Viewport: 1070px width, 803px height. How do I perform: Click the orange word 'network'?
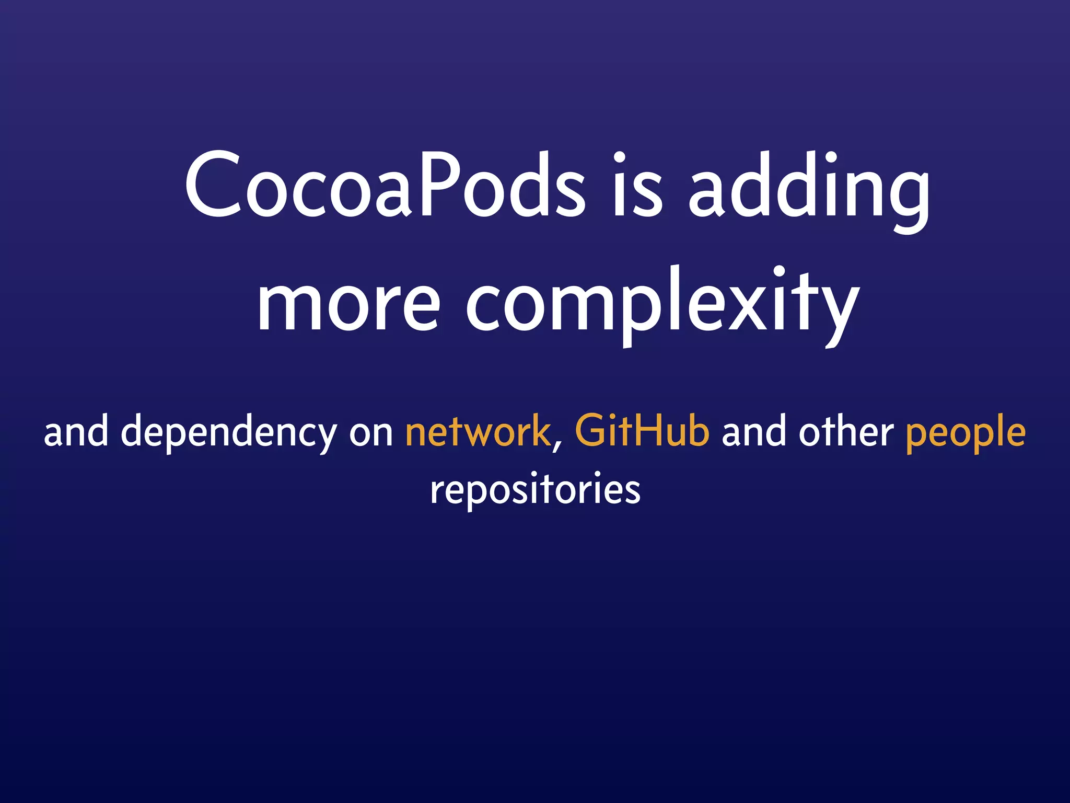tap(478, 432)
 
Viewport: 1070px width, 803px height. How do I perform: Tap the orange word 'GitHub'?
tap(642, 431)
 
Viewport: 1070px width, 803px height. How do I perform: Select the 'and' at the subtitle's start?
tap(76, 432)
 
